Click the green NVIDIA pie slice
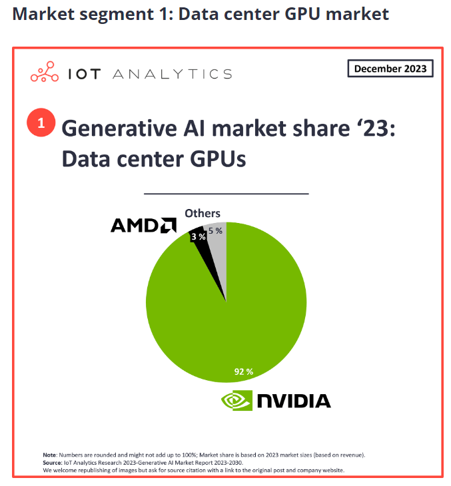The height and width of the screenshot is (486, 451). pos(226,313)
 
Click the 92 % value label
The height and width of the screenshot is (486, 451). pos(243,371)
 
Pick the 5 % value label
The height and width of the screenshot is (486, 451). pos(215,230)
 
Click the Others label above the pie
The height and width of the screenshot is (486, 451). pos(203,213)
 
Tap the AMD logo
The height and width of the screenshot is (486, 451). pos(143,226)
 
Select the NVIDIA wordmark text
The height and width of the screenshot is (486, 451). pos(294,400)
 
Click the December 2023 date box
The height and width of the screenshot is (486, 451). pos(390,69)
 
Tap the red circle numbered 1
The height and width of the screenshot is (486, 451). pos(41,123)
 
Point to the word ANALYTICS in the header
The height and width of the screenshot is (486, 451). pos(172,74)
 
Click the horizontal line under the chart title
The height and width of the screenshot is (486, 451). pos(226,193)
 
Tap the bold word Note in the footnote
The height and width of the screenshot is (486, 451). pos(51,455)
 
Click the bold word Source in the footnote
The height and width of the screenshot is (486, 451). pos(54,463)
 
